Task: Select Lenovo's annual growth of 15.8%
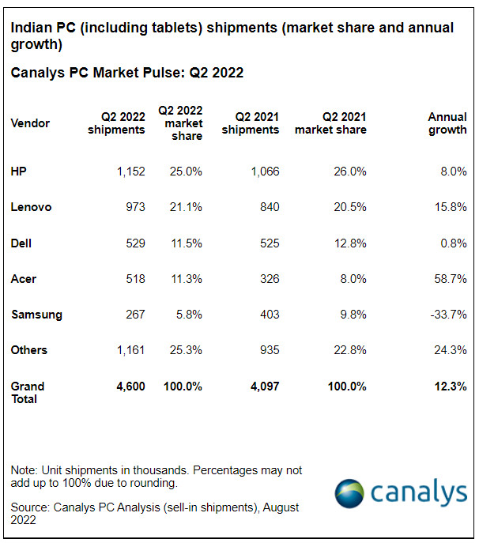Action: click(x=449, y=207)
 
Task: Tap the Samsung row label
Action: click(x=36, y=315)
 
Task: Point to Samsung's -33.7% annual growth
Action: click(x=447, y=315)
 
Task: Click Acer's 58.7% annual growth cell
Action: click(x=449, y=279)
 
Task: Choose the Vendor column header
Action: click(x=30, y=123)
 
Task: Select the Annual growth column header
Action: click(x=447, y=123)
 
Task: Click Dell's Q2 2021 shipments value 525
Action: click(x=269, y=243)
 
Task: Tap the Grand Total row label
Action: click(x=28, y=393)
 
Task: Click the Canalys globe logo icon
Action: click(x=349, y=492)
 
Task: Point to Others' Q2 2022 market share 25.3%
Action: click(x=186, y=350)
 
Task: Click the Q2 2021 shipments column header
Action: click(x=251, y=123)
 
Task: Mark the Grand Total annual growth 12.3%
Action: click(x=449, y=387)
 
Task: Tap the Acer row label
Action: click(x=24, y=279)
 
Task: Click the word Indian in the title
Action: click(x=30, y=28)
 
